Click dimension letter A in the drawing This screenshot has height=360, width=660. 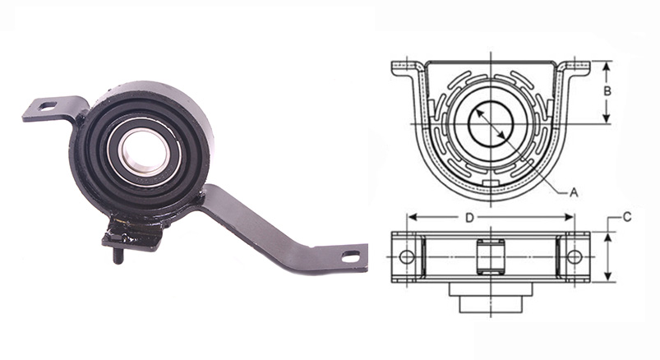[x=574, y=193]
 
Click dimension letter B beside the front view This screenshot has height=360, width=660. [x=607, y=91]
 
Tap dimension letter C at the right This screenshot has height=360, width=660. [x=627, y=217]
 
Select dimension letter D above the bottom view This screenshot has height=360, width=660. [x=470, y=218]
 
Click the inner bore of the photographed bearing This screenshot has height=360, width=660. [x=144, y=152]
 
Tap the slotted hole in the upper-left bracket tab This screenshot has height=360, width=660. [x=47, y=106]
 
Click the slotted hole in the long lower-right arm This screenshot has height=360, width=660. [x=350, y=255]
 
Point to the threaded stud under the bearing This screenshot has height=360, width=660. [x=118, y=256]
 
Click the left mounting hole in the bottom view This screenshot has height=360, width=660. [x=407, y=256]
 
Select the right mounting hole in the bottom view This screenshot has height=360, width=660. [x=575, y=256]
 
